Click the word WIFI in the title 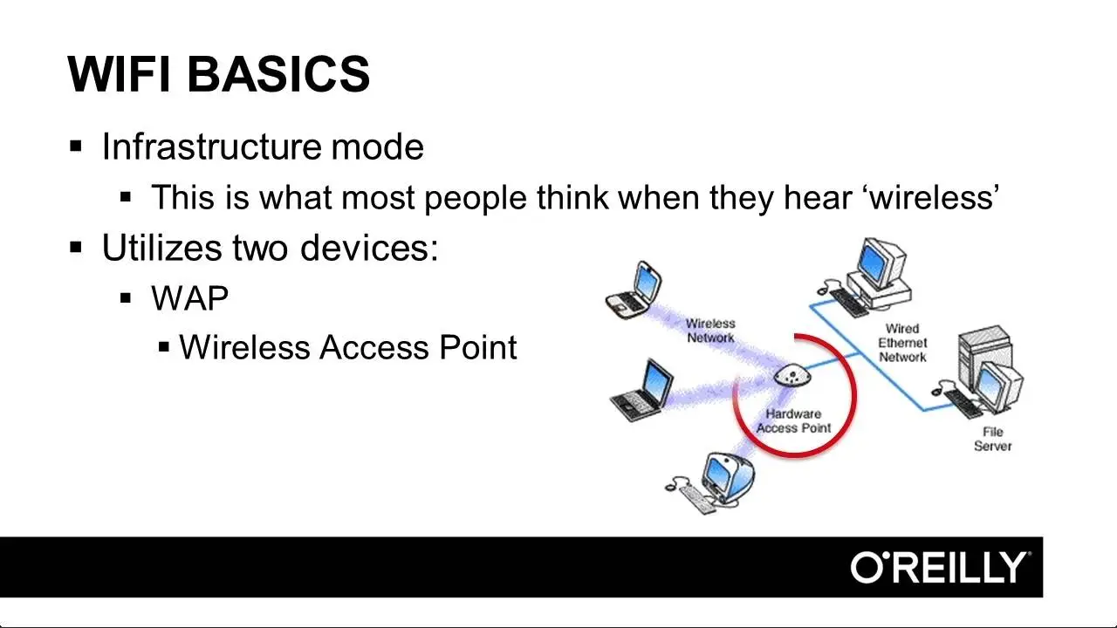point(120,74)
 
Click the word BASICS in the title point(278,74)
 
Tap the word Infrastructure point(211,147)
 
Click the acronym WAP point(190,298)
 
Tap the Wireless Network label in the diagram point(710,331)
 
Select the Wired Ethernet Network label point(902,343)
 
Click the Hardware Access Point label point(794,420)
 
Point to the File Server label point(992,439)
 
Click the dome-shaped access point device point(792,375)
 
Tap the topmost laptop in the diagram point(634,290)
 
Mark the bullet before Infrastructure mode point(76,147)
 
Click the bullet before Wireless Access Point point(163,347)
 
